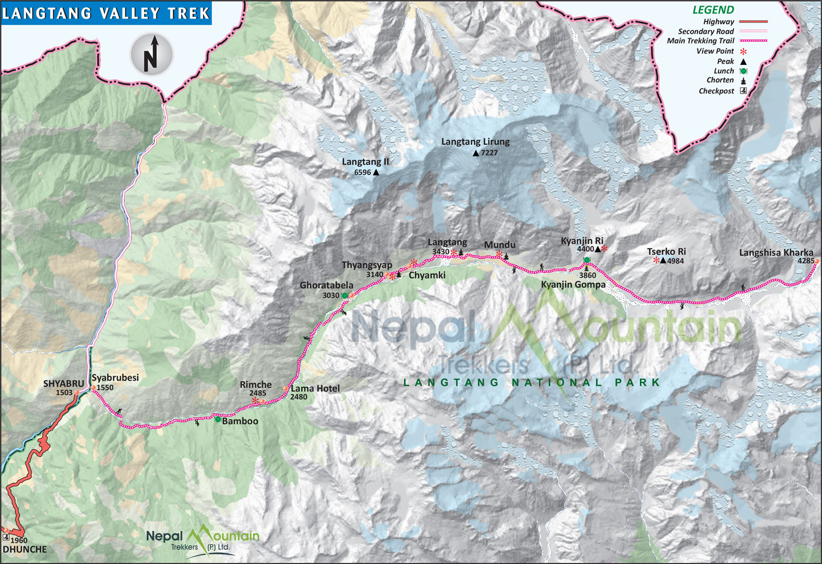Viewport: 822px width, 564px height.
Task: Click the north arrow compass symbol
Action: [152, 55]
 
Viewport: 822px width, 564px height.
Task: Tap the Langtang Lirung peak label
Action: [475, 142]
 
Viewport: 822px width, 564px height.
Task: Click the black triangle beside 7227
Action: [476, 153]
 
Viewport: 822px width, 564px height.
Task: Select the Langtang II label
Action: [365, 162]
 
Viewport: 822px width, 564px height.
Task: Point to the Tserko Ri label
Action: [666, 252]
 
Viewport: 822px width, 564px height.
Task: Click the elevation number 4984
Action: [675, 261]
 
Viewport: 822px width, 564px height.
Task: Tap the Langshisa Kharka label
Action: [776, 253]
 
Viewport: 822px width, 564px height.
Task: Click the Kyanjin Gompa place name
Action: [573, 285]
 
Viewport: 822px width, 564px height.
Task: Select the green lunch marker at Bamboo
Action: [218, 419]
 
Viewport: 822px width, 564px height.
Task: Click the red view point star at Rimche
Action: [255, 400]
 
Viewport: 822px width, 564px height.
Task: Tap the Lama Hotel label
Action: [315, 389]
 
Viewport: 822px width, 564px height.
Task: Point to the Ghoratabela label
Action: [326, 285]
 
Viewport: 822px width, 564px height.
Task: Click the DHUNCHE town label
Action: [25, 549]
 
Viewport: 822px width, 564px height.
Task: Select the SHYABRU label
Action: [63, 384]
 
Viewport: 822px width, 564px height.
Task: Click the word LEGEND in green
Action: [713, 10]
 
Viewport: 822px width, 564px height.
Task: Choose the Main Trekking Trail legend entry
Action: [700, 41]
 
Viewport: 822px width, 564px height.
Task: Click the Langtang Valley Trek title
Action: [106, 13]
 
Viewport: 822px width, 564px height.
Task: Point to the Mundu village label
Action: [500, 245]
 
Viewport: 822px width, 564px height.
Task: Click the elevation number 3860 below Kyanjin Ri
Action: [587, 275]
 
